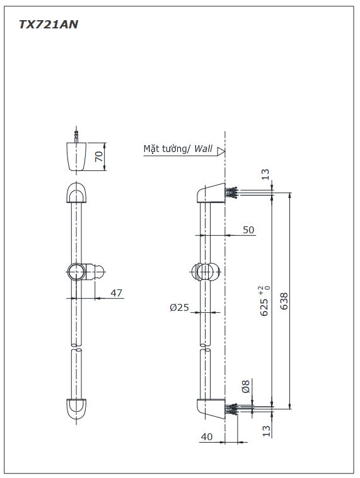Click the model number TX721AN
[49, 25]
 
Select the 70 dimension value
[99, 156]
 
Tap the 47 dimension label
[117, 293]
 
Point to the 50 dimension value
[248, 230]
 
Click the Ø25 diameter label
[179, 308]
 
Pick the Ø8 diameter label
[246, 386]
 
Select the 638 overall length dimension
[284, 301]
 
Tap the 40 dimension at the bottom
[207, 437]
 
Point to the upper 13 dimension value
[265, 174]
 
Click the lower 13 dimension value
[267, 431]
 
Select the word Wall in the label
[203, 149]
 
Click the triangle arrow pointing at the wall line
[221, 151]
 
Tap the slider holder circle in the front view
[76, 272]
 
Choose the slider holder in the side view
[205, 271]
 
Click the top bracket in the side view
[211, 193]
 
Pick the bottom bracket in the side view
[211, 409]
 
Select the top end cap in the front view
[76, 193]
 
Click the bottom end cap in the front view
[76, 409]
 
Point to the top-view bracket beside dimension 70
[76, 156]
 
